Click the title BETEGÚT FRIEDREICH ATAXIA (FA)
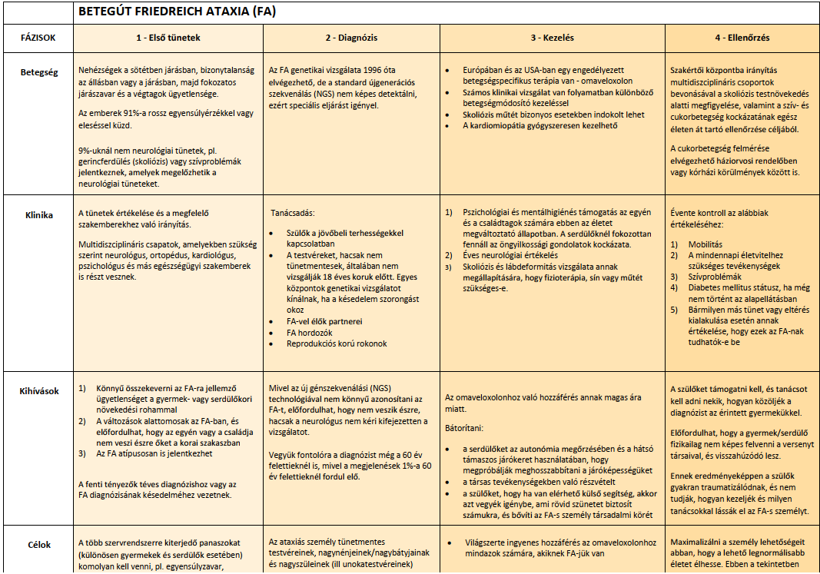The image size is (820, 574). pos(178,12)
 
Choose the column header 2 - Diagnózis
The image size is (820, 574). pos(351,37)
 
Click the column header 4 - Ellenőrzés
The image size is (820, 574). pos(742,37)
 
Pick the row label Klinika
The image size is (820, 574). pos(38,215)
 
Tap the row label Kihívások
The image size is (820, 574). pos(38,390)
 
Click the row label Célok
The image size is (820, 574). pos(38,545)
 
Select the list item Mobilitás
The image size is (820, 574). pos(705,244)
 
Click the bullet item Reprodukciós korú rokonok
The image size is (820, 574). pos(336,343)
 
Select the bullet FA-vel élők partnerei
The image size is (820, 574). pos(324,321)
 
